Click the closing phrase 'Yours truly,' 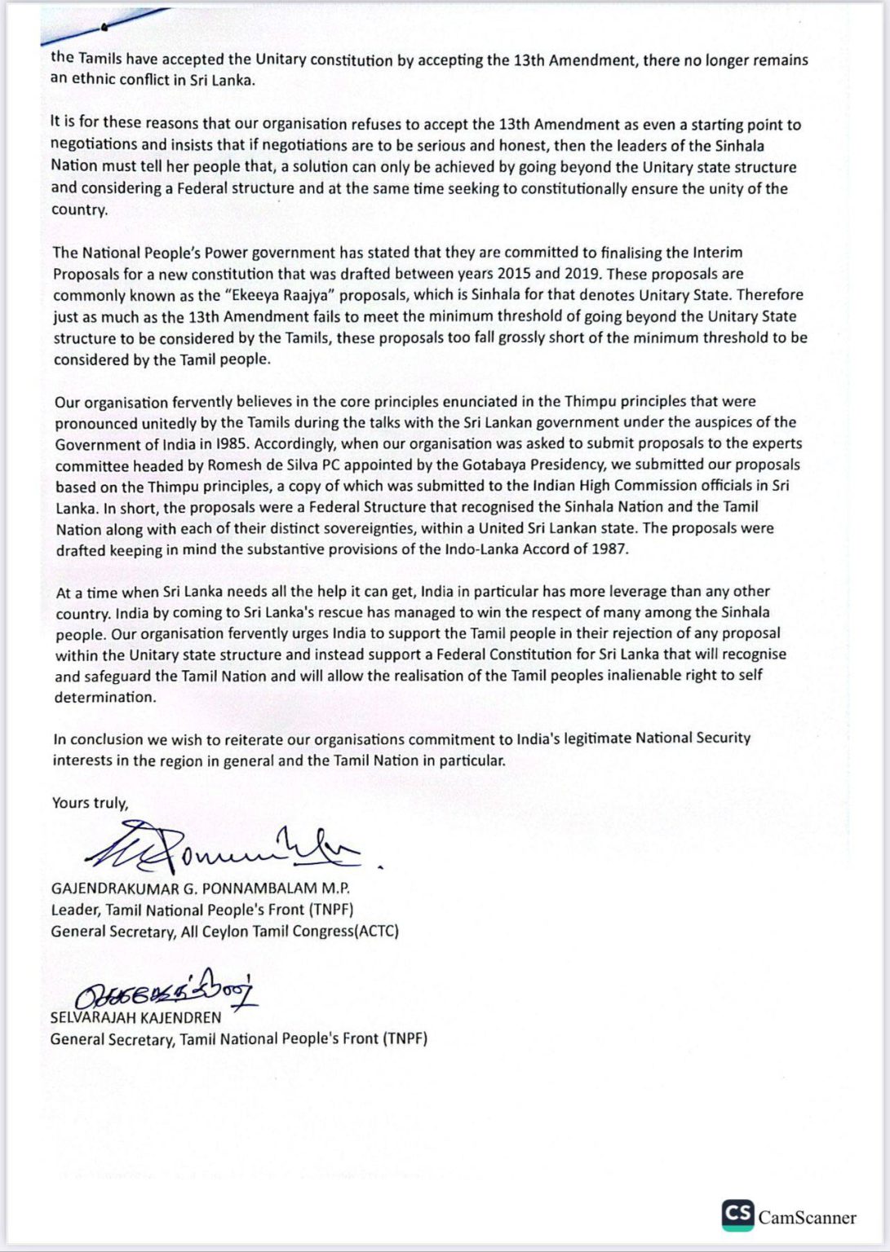point(90,803)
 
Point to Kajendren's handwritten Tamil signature point(163,991)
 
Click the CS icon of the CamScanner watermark point(737,1215)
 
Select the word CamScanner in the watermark point(807,1218)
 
